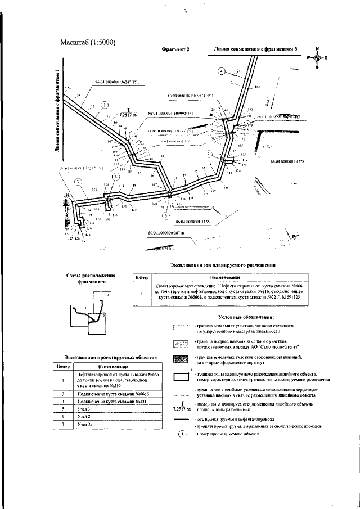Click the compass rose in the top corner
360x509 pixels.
317,58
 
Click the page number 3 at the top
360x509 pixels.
185,12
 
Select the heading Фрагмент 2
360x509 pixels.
175,49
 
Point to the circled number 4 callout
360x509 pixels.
222,71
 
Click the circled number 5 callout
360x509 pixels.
78,181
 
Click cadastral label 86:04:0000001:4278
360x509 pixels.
287,162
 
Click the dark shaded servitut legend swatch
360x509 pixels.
181,358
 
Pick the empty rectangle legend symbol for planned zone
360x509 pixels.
181,376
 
